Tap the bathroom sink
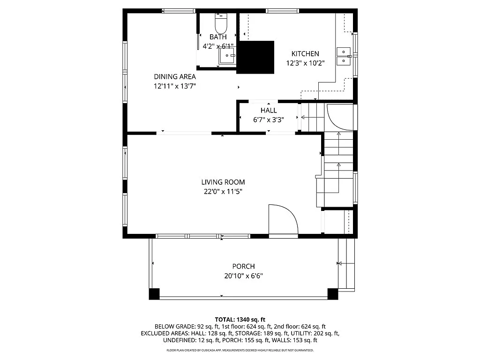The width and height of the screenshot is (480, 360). pyautogui.click(x=227, y=56)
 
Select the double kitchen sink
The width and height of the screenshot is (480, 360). pyautogui.click(x=344, y=56)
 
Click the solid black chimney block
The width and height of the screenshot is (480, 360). pyautogui.click(x=255, y=57)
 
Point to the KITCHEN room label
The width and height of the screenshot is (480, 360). pyautogui.click(x=305, y=54)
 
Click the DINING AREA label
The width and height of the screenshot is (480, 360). pyautogui.click(x=175, y=76)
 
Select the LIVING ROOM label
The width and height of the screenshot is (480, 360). pyautogui.click(x=223, y=182)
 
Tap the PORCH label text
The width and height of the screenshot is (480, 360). pyautogui.click(x=243, y=266)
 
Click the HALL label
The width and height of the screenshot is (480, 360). pyautogui.click(x=269, y=110)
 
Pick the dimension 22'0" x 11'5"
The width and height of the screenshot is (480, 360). pyautogui.click(x=223, y=191)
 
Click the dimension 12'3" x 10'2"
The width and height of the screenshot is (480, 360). pyautogui.click(x=305, y=63)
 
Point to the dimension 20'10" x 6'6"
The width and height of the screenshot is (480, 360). pyautogui.click(x=243, y=276)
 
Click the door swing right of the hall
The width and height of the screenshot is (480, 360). pyautogui.click(x=339, y=117)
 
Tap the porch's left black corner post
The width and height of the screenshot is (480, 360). pyautogui.click(x=154, y=294)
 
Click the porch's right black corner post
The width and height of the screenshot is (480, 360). pyautogui.click(x=332, y=294)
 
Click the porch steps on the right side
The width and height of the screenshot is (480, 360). pyautogui.click(x=346, y=264)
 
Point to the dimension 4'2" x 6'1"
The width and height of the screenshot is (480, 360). pyautogui.click(x=218, y=46)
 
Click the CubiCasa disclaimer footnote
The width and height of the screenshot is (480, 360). pyautogui.click(x=240, y=350)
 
